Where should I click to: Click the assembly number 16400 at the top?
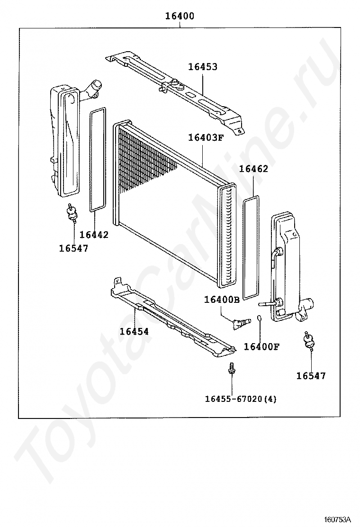coord(180,16)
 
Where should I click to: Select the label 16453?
coord(203,67)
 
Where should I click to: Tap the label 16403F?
coord(206,138)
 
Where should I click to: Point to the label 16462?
coord(253,169)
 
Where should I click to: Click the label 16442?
coord(94,235)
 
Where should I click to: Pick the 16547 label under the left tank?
coord(73,248)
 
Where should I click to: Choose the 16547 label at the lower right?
coord(311,376)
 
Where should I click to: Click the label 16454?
coord(134,332)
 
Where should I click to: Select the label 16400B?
coord(222,300)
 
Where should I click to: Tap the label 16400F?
coord(261,346)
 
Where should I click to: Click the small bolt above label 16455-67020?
coord(231,368)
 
